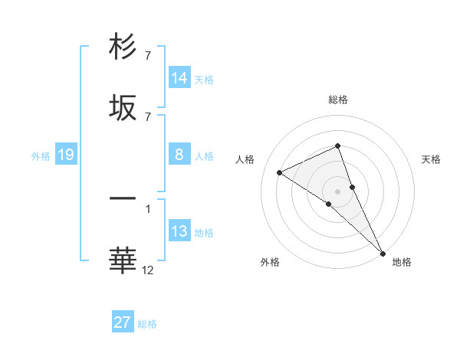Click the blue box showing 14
pos(179,78)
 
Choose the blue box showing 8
pos(179,155)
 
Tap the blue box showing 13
pos(179,231)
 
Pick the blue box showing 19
pos(66,155)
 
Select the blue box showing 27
pos(123,322)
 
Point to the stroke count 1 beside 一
pos(148,208)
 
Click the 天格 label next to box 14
pos(204,79)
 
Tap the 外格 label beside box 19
pos(41,155)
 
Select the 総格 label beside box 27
pos(147,323)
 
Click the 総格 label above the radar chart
pos(338,100)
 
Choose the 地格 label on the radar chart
pos(402,262)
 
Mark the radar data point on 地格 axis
pos(383,252)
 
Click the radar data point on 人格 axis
pos(280,172)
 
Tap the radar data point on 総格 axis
pos(338,146)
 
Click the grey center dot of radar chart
pos(338,191)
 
